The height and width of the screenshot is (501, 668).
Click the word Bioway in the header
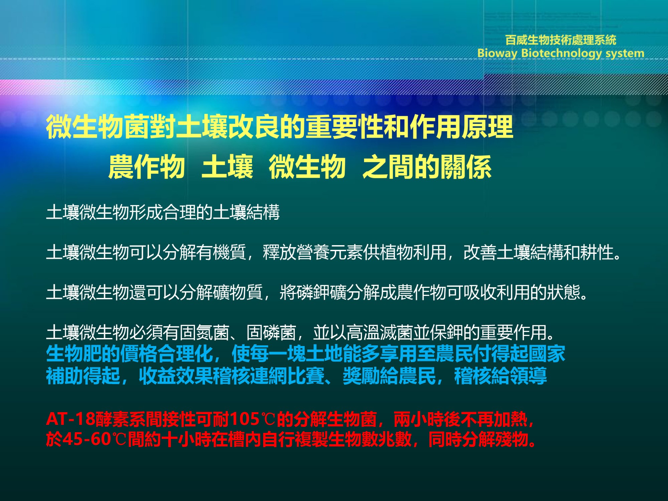tap(497, 53)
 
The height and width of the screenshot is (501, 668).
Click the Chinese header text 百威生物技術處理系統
tap(561, 40)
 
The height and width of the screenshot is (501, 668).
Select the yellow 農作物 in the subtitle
tap(147, 167)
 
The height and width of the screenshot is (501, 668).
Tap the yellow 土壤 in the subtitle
tap(227, 167)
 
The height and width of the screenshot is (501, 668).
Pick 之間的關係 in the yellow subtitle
tap(427, 167)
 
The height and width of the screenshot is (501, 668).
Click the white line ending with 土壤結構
tap(163, 212)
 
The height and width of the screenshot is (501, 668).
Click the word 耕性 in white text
tap(597, 252)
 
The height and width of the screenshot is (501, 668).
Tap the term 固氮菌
tap(204, 332)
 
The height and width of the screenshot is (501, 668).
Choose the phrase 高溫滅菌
tap(379, 332)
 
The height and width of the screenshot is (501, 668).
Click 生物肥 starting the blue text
tap(73, 354)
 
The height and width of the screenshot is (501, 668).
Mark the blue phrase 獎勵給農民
tap(389, 376)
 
